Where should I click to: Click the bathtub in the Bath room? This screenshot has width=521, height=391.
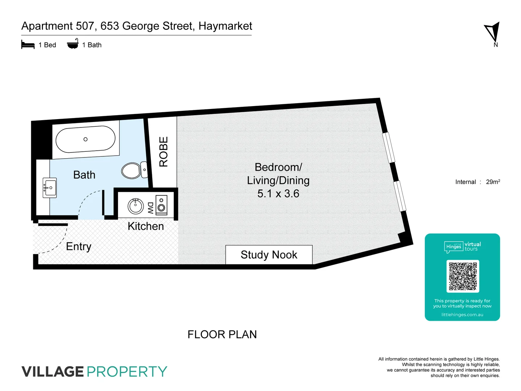[x=85, y=139]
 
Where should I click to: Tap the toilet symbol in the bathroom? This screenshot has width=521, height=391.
[x=133, y=170]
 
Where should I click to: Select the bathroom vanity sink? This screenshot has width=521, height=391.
[x=50, y=188]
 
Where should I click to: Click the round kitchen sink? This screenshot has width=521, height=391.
[x=136, y=206]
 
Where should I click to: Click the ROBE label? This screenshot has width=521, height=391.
[x=164, y=152]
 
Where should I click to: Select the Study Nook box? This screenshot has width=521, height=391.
[x=269, y=255]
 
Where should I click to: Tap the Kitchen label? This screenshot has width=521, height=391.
[x=146, y=226]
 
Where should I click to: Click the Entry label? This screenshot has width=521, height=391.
[x=79, y=247]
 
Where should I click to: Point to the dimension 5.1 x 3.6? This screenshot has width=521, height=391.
[x=278, y=194]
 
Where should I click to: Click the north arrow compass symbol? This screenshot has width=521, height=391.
[x=493, y=32]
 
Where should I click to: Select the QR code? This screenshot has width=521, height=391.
[x=463, y=276]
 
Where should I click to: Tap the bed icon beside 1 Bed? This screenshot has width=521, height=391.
[x=28, y=45]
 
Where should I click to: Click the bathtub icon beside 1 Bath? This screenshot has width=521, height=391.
[x=73, y=44]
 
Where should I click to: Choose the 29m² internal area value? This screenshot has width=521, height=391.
[x=493, y=182]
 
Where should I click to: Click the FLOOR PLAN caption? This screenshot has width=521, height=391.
[x=222, y=335]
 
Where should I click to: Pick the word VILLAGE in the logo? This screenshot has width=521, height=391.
[x=52, y=372]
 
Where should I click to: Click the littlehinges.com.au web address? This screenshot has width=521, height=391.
[x=462, y=315]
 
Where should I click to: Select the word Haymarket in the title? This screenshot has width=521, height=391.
[x=225, y=26]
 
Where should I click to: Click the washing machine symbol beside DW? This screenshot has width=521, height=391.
[x=161, y=206]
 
